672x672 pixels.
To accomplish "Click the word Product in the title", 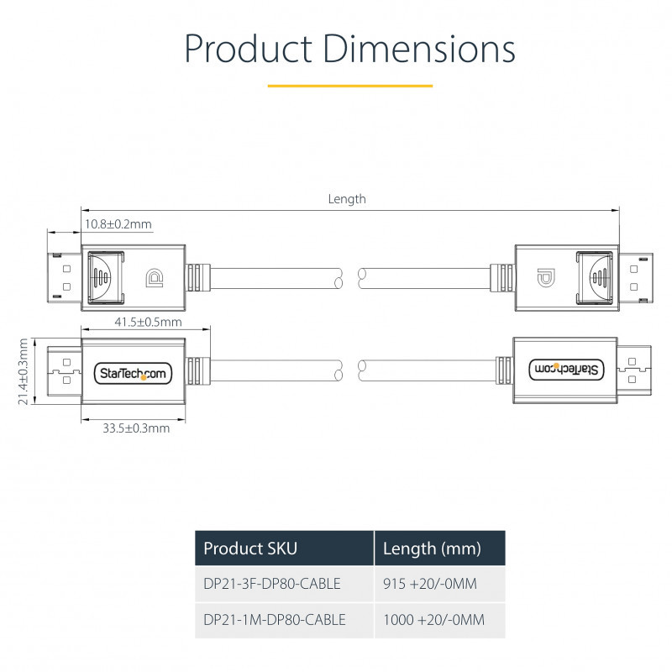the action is click(x=249, y=49).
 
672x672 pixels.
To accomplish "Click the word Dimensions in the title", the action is click(x=418, y=49).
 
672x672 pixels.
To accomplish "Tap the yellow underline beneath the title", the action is click(x=350, y=86).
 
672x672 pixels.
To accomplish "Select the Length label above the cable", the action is click(x=347, y=199).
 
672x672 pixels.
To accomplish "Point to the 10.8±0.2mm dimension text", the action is click(x=118, y=224).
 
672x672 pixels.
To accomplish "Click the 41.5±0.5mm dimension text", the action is click(x=149, y=322).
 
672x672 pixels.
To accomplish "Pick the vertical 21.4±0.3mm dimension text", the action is click(x=24, y=371).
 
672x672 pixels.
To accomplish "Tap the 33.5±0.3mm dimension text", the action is click(x=136, y=428).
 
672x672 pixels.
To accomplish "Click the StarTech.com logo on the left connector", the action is click(x=133, y=373).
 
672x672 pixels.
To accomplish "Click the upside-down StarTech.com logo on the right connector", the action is click(x=566, y=370).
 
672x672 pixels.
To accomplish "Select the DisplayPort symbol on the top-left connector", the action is click(x=155, y=278).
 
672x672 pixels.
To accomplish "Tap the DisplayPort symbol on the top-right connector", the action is click(x=546, y=278).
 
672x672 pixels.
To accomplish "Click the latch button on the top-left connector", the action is click(x=106, y=278).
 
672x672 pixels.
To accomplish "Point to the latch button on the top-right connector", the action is click(x=594, y=278).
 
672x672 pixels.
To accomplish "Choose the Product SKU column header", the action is click(x=250, y=549).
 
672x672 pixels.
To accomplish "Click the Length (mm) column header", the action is click(x=432, y=549).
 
